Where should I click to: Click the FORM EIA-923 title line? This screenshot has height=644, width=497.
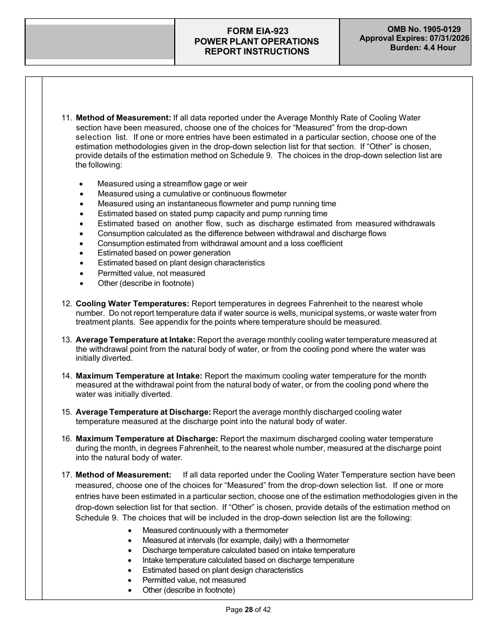tap(256, 31)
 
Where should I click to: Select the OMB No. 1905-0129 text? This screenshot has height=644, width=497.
tap(424, 29)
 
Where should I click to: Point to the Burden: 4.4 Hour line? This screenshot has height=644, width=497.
tap(423, 48)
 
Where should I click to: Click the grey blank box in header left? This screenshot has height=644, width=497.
tap(100, 42)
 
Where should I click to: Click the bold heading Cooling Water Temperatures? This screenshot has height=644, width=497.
tap(132, 304)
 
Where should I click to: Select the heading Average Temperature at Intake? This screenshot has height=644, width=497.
tap(135, 340)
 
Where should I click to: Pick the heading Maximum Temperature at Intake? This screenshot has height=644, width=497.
tap(139, 376)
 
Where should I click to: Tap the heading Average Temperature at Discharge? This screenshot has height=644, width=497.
tap(143, 412)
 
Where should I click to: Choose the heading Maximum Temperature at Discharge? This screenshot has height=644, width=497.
tap(146, 439)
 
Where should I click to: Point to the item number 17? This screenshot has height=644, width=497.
tap(66, 475)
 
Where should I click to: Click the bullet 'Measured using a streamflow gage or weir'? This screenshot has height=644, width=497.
tap(172, 184)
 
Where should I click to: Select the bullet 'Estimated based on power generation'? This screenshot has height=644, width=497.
tap(164, 253)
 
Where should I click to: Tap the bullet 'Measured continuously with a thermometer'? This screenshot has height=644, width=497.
tap(215, 530)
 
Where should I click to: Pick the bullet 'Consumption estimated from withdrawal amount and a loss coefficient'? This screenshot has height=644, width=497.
tap(220, 243)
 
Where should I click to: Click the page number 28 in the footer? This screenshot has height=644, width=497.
tap(249, 609)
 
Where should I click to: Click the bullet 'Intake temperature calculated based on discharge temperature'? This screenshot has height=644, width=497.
tap(248, 560)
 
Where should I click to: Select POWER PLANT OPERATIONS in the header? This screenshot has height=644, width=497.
tap(256, 41)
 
